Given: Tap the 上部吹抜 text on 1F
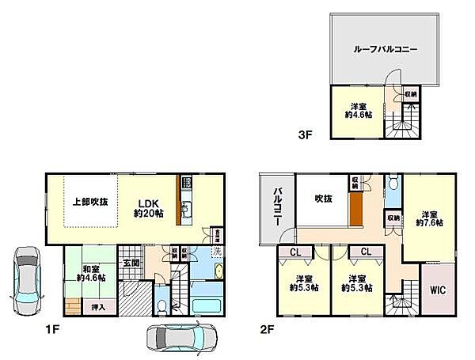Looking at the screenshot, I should click(90, 202).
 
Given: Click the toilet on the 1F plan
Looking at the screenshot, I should click(161, 305).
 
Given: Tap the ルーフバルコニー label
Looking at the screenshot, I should click(385, 48).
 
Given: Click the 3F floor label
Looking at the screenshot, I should click(305, 135).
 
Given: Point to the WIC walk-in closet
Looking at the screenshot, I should click(439, 290).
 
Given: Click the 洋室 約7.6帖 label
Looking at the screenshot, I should click(429, 219).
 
